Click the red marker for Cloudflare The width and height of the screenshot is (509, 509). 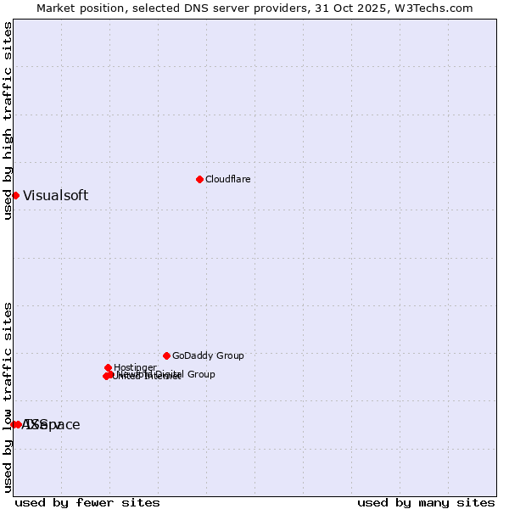point(199,179)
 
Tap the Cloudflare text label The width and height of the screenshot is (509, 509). point(227,179)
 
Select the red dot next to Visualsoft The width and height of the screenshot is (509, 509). point(15,195)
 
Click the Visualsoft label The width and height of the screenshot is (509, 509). point(55,195)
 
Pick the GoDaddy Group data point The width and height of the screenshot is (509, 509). point(166,355)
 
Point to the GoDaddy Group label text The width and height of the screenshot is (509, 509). point(208,356)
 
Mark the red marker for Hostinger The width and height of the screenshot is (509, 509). point(108,367)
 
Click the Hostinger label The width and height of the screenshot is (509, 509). point(135,367)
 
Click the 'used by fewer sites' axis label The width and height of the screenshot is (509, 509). point(87,502)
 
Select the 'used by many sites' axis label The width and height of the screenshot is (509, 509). point(426,502)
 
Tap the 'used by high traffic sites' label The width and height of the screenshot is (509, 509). point(8,120)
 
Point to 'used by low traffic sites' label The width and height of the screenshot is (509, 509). point(8,397)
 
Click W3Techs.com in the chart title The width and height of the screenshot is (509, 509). point(438,8)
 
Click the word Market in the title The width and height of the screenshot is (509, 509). point(55,8)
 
